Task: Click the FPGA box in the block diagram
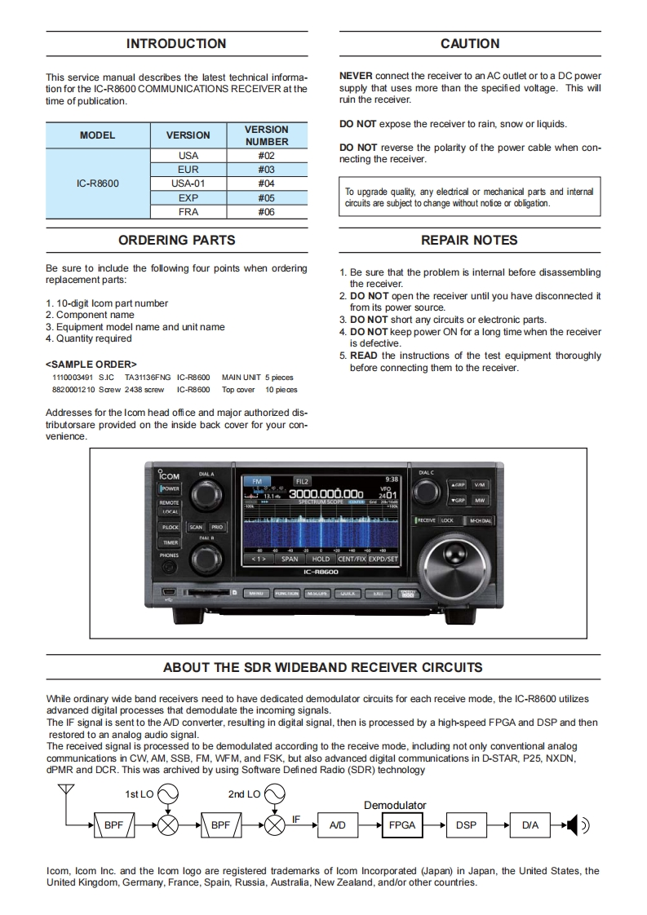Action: tap(401, 825)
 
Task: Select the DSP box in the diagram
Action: tap(466, 825)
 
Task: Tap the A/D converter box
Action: tap(337, 825)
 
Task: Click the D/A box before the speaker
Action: tap(530, 825)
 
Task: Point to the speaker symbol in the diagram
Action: tap(576, 825)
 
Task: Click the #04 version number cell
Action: tap(266, 183)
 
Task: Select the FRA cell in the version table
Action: tap(188, 212)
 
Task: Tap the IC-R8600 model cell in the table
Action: tap(97, 183)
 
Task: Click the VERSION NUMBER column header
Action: tap(266, 135)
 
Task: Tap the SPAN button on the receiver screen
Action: tap(290, 559)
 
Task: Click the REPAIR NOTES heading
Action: tap(469, 240)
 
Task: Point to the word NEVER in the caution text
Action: tap(356, 76)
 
